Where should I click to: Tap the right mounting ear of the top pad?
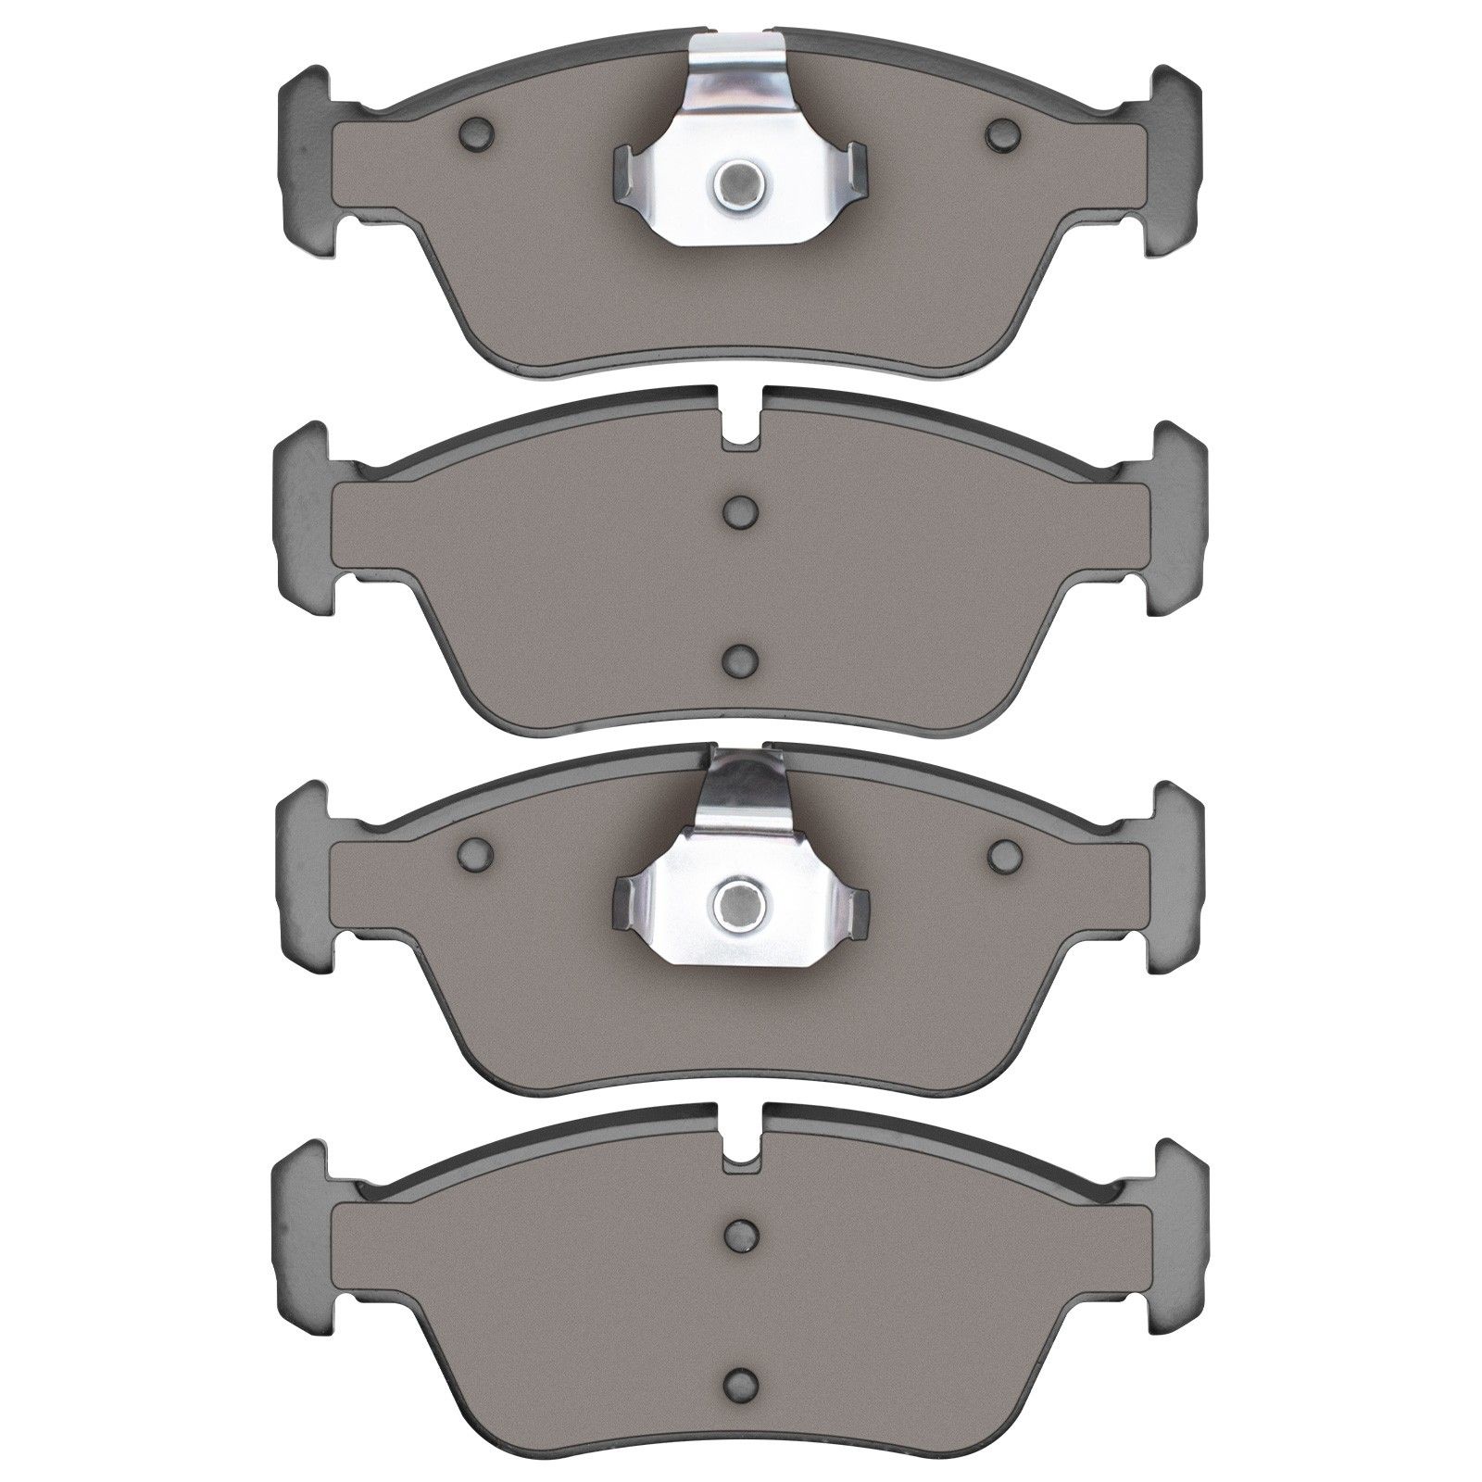1177,161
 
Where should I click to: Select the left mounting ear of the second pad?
301,519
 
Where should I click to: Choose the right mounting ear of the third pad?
1177,875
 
